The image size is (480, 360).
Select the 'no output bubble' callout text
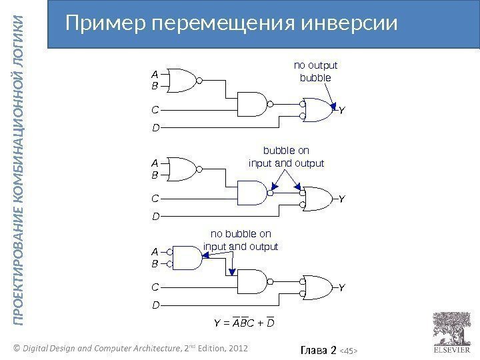coord(316,71)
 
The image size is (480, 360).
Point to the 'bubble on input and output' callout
coord(285,157)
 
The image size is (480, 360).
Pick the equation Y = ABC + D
coord(245,324)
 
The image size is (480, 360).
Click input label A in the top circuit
coord(155,75)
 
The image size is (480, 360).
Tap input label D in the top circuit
coord(155,127)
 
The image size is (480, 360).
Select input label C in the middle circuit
coord(155,198)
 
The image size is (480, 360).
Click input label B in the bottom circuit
coord(155,264)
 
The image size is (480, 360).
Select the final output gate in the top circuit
coord(319,111)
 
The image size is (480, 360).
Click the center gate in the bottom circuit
coord(251,283)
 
